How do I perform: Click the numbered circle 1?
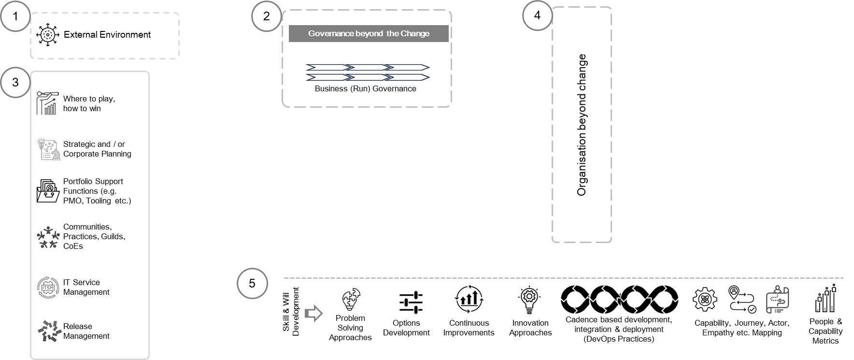pos(15,16)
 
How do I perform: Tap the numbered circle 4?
pos(537,15)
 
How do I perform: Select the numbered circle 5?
pos(252,283)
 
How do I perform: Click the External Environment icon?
pos(47,35)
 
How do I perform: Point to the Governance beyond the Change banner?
pos(369,33)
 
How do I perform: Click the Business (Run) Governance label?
pos(366,88)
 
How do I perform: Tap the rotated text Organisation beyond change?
pos(582,125)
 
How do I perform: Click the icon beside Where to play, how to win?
pos(48,103)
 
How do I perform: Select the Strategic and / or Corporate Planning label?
pos(97,149)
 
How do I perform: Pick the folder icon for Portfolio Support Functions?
pos(48,191)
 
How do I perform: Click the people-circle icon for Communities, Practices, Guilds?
pos(48,237)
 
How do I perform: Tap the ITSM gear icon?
pos(48,288)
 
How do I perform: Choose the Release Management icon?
pos(49,331)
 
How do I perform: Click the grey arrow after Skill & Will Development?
pos(314,313)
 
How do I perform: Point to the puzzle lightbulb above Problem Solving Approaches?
pos(351,300)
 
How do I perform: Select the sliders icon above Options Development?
pos(411,303)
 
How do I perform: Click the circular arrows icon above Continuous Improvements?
pos(469,300)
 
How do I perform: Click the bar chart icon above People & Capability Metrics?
pos(826,298)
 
